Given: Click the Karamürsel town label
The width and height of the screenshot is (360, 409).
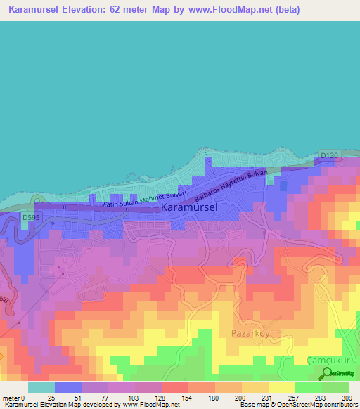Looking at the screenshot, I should (189, 208).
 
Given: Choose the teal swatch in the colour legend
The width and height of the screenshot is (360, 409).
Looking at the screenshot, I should (41, 387).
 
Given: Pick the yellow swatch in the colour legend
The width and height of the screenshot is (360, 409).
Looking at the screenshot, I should (281, 387).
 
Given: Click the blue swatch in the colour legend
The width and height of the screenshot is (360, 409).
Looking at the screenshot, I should (67, 387).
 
